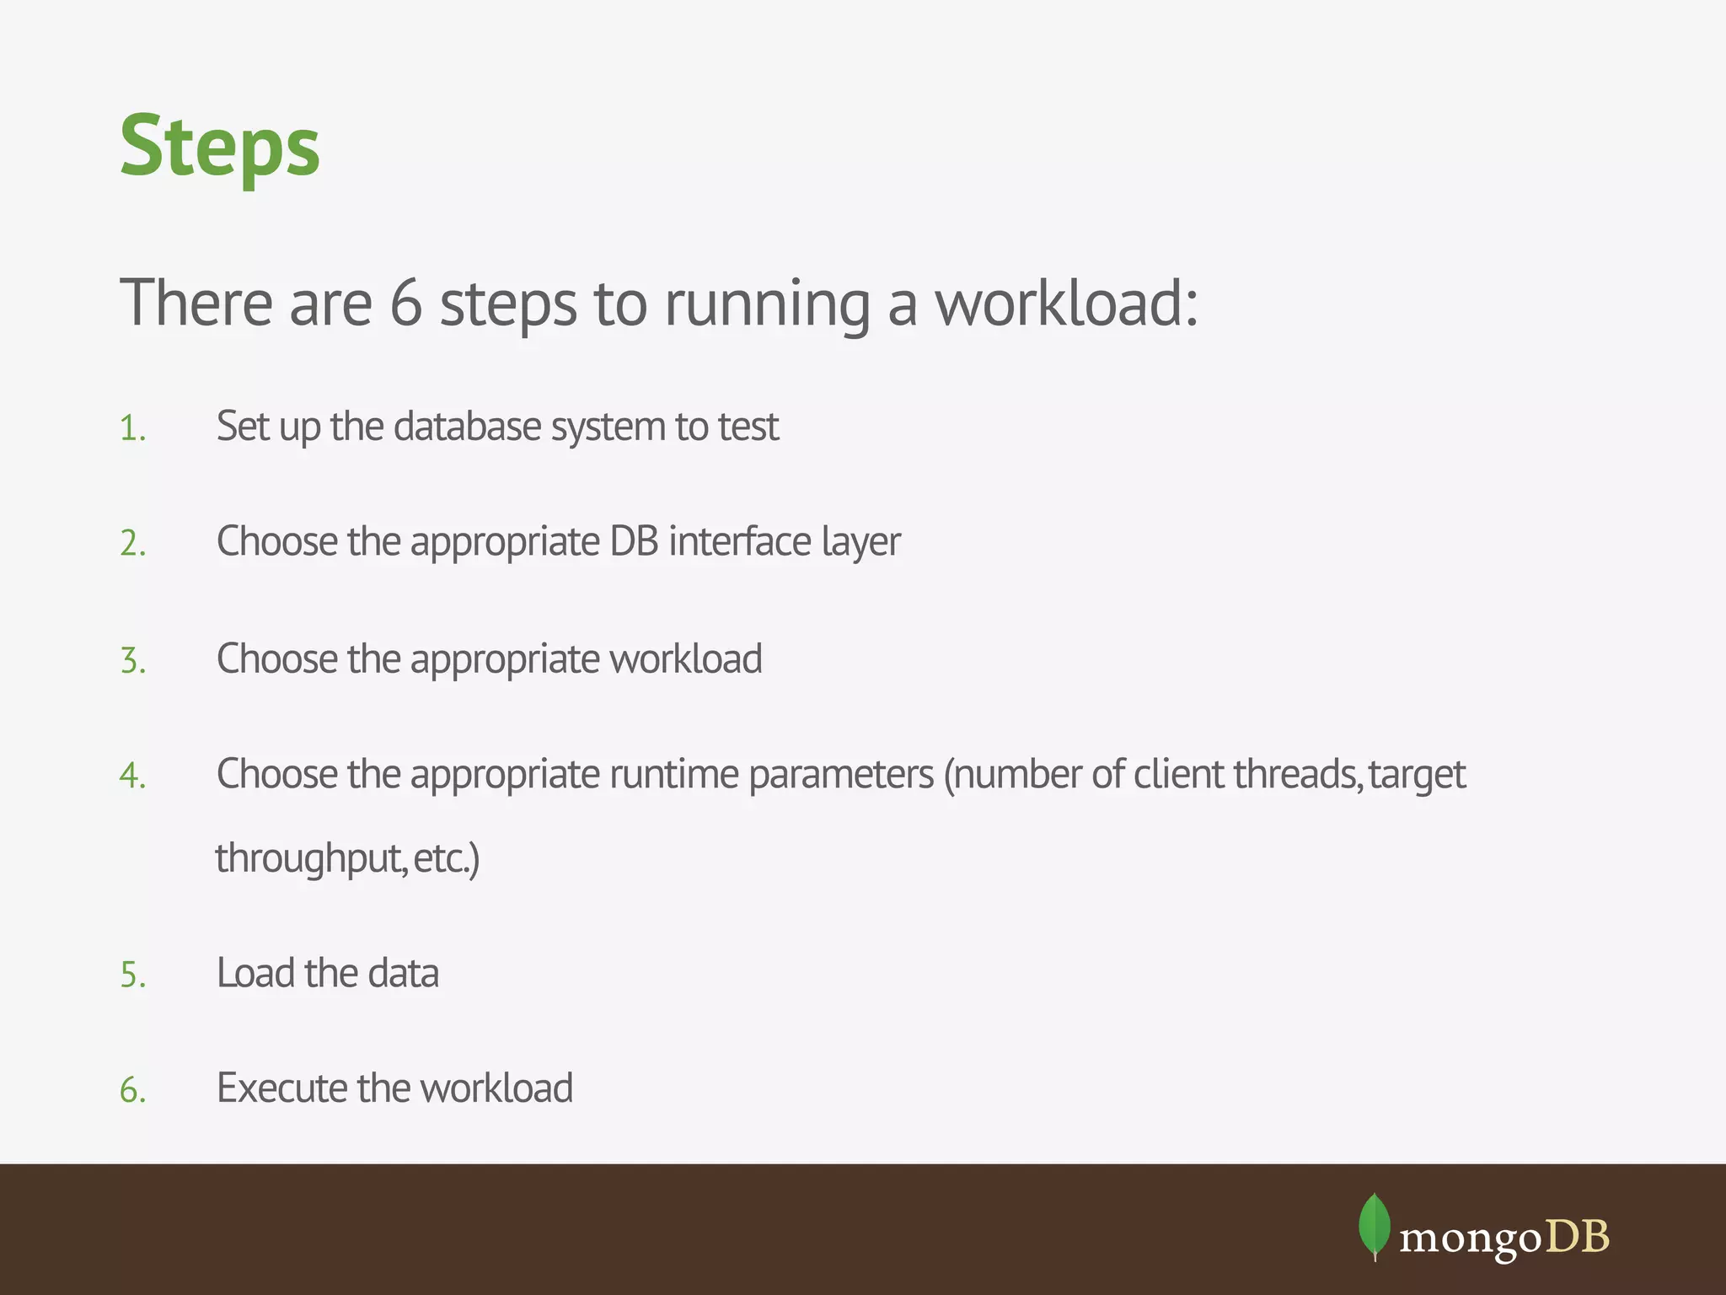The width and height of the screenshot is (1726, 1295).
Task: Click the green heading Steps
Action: pyautogui.click(x=220, y=147)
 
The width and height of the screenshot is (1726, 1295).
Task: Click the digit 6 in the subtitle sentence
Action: pyautogui.click(x=405, y=303)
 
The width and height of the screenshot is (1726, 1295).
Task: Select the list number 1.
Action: pyautogui.click(x=131, y=428)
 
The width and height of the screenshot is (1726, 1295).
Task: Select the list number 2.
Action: pyautogui.click(x=132, y=544)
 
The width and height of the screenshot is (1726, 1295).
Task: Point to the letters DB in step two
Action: pyautogui.click(x=634, y=541)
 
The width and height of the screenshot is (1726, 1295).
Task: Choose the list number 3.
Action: pyautogui.click(x=132, y=660)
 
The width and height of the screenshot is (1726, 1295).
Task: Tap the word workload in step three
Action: pyautogui.click(x=685, y=658)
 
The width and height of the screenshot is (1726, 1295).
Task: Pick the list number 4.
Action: pyautogui.click(x=132, y=776)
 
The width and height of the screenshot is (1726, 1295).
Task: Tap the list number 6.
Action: pyautogui.click(x=132, y=1090)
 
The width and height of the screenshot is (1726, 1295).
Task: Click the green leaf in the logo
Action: pyautogui.click(x=1375, y=1225)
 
